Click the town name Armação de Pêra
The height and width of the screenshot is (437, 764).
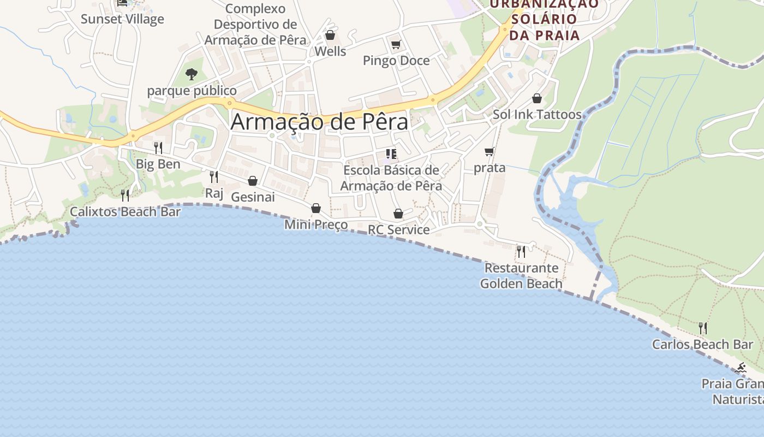319,122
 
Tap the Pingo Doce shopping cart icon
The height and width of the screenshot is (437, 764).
396,44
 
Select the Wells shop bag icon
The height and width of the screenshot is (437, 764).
330,36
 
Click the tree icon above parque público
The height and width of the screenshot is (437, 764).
191,74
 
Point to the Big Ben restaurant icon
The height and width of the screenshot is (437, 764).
158,147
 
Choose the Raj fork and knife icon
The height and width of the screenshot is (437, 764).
214,176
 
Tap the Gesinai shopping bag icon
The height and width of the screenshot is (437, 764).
253,181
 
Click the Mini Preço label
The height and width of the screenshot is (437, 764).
316,225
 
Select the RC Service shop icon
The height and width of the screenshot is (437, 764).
398,214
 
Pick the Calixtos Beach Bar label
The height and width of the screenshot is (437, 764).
125,211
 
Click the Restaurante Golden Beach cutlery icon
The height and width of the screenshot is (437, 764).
521,251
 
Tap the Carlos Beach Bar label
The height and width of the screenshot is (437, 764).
702,345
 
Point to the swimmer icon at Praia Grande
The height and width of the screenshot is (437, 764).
741,367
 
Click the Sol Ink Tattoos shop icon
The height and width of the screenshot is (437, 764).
537,98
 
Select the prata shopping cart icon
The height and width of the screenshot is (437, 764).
490,151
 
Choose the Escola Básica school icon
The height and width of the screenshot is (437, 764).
391,153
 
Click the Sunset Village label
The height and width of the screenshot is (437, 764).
122,19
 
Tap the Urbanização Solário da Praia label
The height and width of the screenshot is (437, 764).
544,20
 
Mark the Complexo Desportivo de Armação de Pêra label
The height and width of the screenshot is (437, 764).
255,25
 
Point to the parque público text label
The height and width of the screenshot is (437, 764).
192,91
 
